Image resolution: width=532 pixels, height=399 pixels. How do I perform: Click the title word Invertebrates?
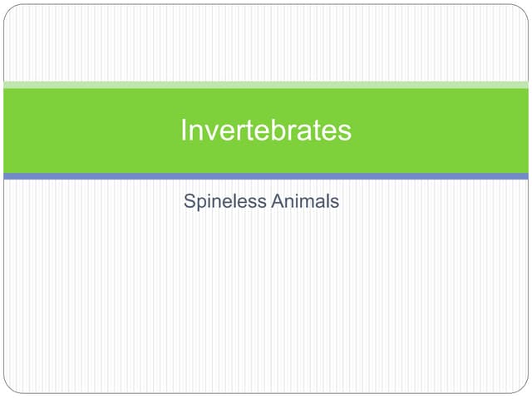266,131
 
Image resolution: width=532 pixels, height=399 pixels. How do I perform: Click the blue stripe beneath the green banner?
266,176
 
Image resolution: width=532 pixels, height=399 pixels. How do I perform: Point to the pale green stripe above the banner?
266,85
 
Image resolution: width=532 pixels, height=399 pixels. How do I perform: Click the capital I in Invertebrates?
184,131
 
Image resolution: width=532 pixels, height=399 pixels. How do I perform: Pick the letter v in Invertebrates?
211,131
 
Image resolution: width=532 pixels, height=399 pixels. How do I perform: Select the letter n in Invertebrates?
196,131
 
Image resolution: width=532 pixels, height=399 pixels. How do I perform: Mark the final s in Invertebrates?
345,131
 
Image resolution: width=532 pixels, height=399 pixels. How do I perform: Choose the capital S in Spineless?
190,201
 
